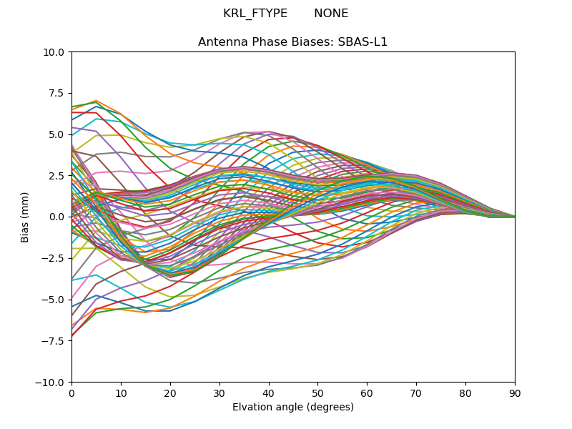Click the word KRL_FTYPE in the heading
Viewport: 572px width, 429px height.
pos(255,14)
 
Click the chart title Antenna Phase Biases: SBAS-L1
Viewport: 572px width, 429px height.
pos(293,42)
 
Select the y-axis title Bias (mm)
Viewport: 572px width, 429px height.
pos(25,217)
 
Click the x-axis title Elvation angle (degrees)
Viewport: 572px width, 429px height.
pos(293,408)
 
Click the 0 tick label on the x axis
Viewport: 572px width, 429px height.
pos(71,393)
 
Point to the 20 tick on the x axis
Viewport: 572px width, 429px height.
pos(170,393)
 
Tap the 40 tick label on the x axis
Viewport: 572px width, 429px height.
pos(269,393)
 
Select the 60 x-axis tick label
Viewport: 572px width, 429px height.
pos(367,393)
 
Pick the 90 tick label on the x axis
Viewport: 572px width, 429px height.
pos(515,393)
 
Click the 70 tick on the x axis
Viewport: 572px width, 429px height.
pos(416,393)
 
